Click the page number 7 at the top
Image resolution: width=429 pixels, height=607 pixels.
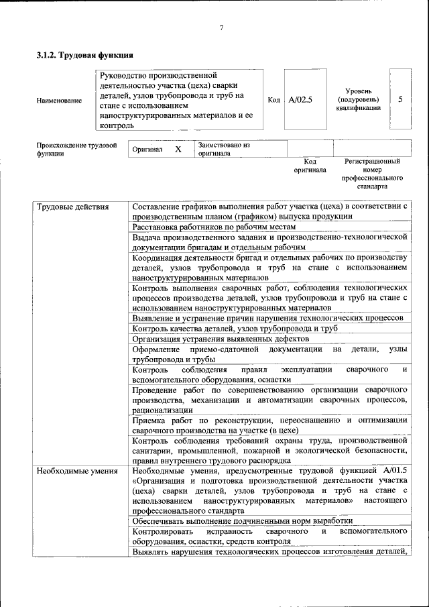pos(221,27)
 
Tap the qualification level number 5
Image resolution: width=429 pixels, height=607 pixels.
pos(400,99)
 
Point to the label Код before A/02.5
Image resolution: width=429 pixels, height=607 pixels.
pos(273,100)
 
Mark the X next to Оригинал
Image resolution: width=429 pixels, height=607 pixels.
pos(178,149)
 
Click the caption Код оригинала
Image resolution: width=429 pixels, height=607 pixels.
pos(310,166)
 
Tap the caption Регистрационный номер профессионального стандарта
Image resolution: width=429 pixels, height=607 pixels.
pos(372,174)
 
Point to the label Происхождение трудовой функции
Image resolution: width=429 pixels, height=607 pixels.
pos(76,148)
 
